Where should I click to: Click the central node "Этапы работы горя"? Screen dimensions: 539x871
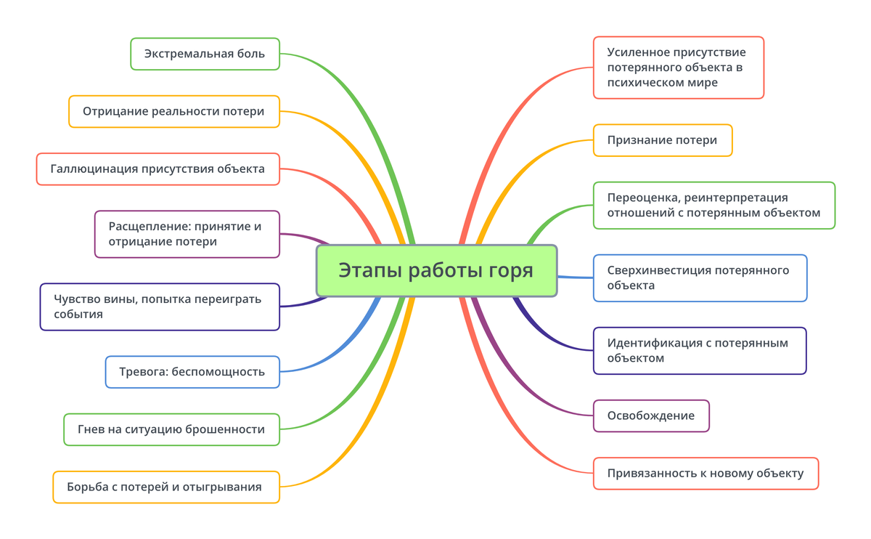(x=436, y=270)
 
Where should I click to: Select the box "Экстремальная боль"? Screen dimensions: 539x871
(x=205, y=54)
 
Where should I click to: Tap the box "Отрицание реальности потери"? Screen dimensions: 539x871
(x=173, y=112)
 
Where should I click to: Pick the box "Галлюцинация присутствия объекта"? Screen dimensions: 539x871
(x=158, y=169)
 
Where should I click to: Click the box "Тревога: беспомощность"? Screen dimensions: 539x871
(x=192, y=372)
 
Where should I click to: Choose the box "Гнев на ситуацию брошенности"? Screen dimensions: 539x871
(x=171, y=429)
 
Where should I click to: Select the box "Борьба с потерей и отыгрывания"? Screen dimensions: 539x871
(x=165, y=487)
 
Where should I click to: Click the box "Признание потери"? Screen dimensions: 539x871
(x=662, y=140)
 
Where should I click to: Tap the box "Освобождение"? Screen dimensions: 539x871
(x=650, y=416)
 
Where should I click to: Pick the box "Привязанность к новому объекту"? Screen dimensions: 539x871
(x=705, y=473)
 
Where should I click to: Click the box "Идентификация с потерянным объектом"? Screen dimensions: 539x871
(x=699, y=350)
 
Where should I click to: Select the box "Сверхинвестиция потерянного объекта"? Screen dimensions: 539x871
(x=699, y=277)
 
